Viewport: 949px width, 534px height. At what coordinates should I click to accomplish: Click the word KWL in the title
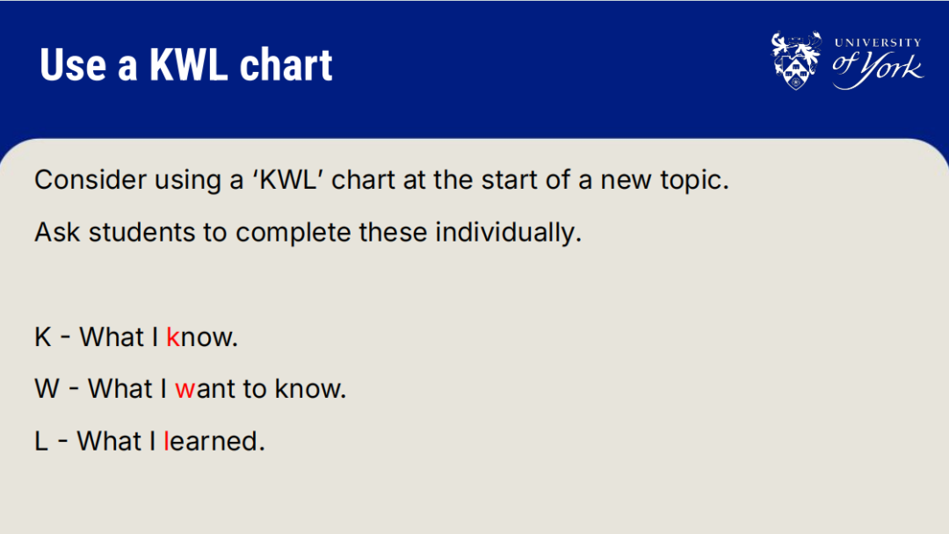click(x=188, y=65)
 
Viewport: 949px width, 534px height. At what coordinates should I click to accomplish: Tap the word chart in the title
click(x=286, y=65)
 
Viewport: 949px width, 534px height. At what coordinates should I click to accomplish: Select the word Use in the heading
click(x=73, y=65)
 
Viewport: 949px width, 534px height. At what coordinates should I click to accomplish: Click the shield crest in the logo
click(x=796, y=61)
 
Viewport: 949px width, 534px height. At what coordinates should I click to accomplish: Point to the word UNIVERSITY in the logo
click(x=878, y=42)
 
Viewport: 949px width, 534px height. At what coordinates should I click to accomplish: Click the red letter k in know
click(x=173, y=337)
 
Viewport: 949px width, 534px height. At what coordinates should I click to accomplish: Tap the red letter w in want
click(x=185, y=390)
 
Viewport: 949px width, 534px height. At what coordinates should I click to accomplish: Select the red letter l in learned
click(x=166, y=441)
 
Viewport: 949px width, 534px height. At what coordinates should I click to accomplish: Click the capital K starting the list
click(x=43, y=337)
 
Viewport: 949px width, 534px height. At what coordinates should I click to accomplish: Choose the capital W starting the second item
click(x=47, y=389)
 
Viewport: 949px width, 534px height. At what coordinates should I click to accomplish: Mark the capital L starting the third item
click(x=41, y=442)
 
